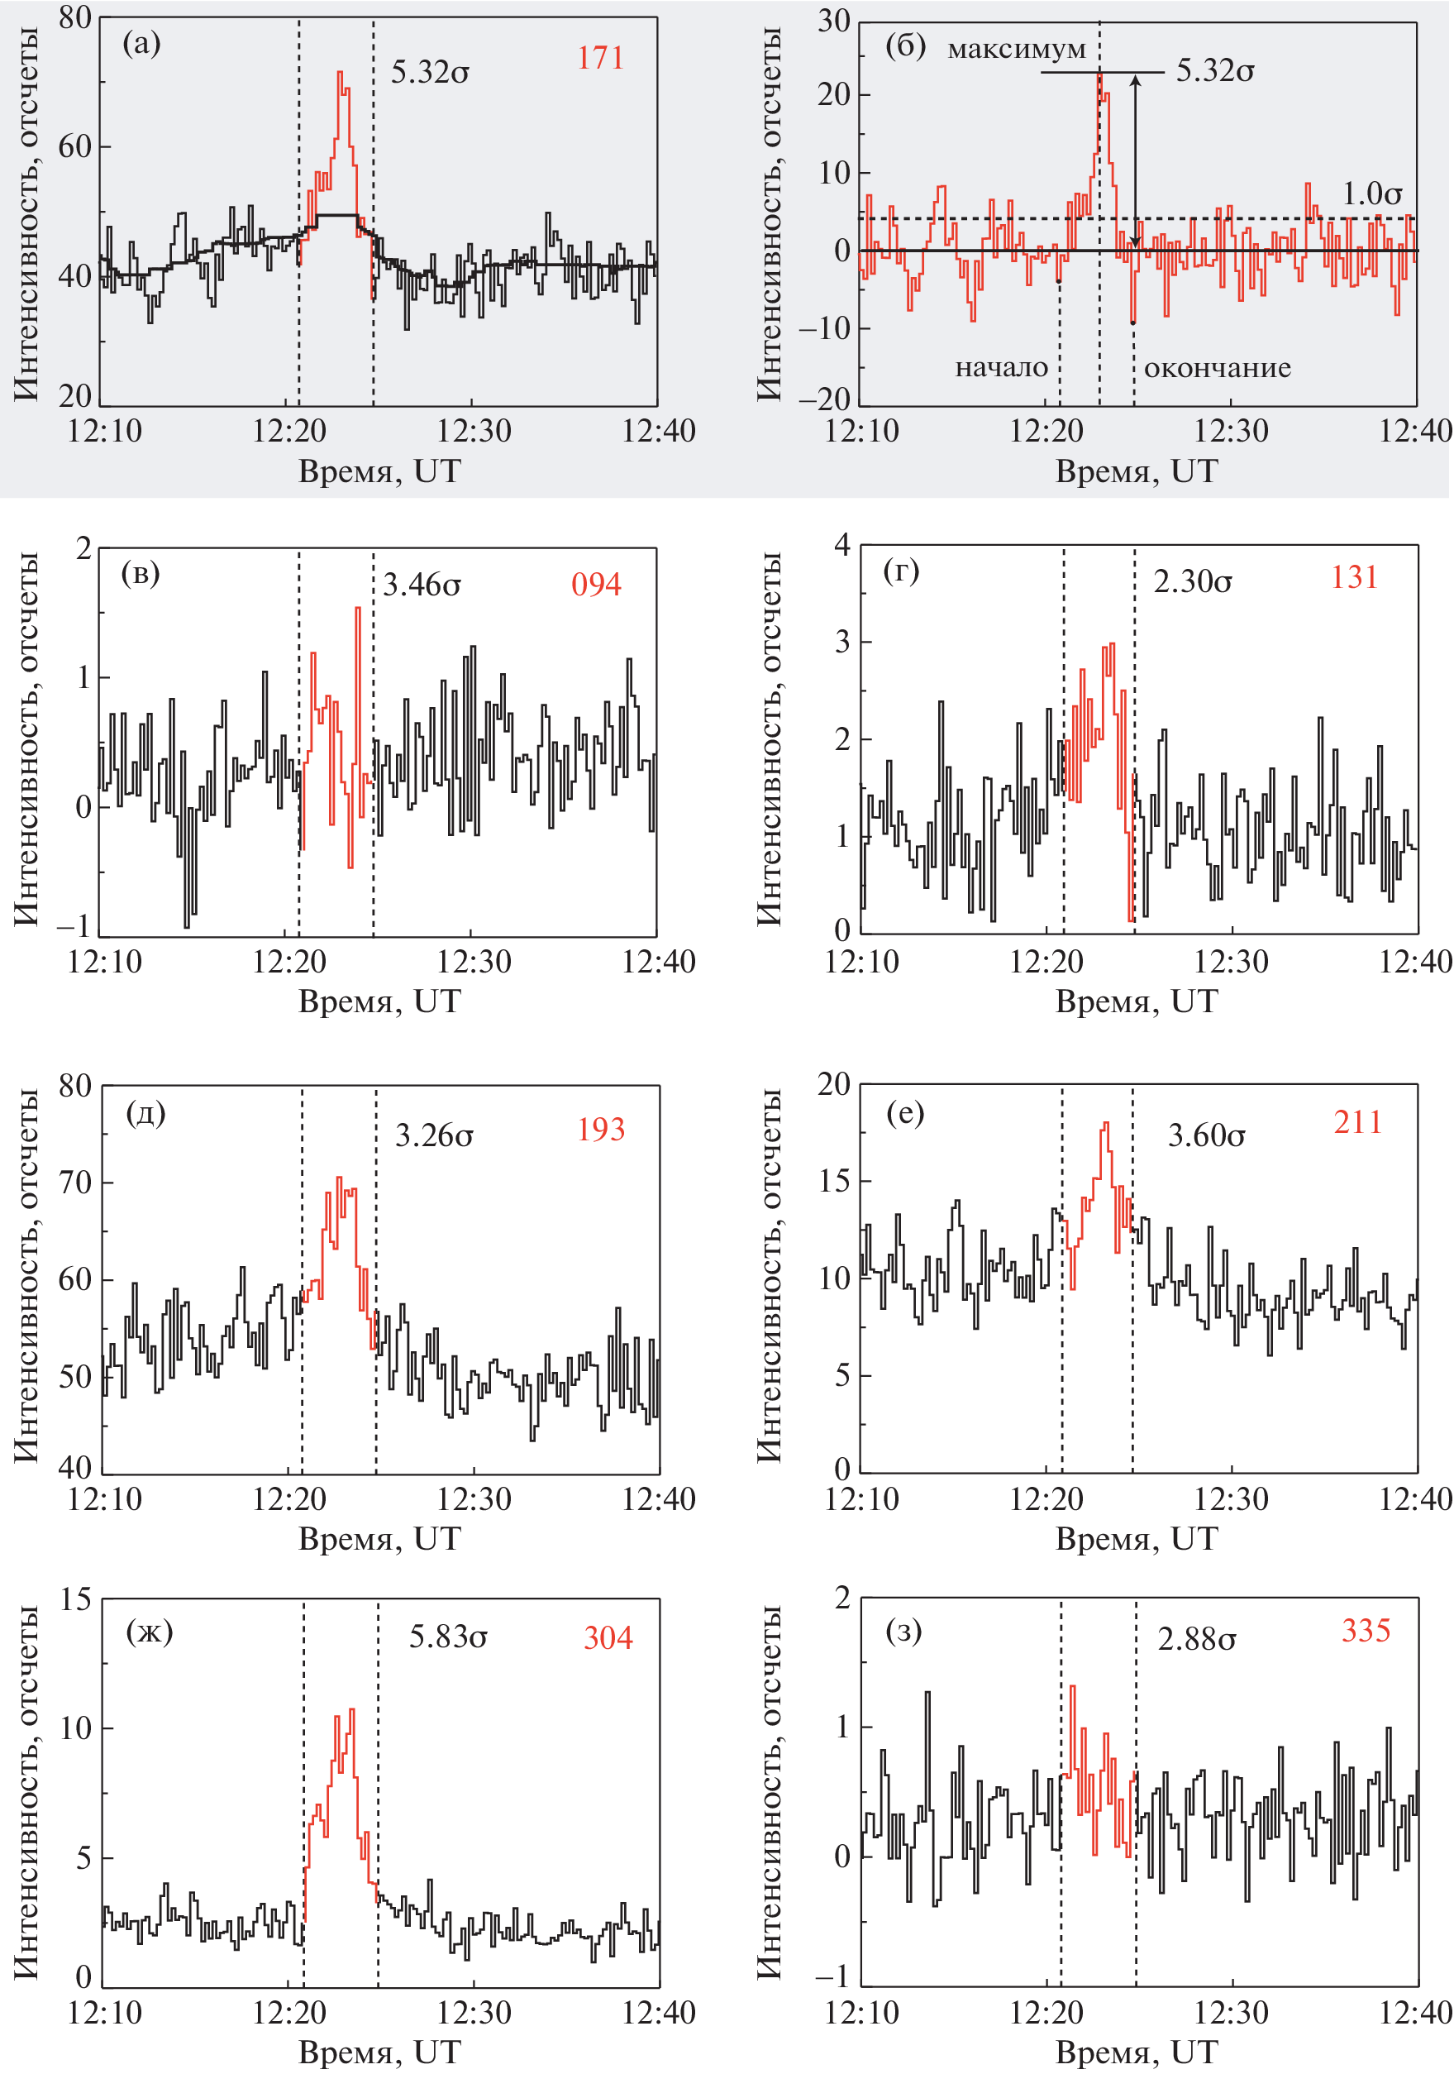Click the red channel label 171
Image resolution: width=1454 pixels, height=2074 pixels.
(601, 59)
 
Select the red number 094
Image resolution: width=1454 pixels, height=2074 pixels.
(596, 585)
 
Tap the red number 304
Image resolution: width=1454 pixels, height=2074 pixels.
(608, 1637)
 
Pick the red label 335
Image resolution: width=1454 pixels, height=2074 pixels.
(1366, 1631)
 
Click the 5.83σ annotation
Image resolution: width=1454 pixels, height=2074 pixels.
(448, 1637)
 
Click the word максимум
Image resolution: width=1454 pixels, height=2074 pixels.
(1016, 49)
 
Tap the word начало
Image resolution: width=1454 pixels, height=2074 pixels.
(1002, 368)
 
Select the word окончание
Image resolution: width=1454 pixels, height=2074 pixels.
(1218, 368)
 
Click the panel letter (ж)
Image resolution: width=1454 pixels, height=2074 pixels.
(149, 1632)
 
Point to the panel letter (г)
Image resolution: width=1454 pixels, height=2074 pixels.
(901, 571)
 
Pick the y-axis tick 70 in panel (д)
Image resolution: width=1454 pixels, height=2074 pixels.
(76, 1183)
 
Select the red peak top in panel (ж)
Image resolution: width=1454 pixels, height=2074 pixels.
(351, 1710)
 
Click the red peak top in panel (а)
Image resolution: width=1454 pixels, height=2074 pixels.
(341, 72)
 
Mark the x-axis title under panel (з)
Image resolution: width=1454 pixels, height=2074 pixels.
(1136, 2052)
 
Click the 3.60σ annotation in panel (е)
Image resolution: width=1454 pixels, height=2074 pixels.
(1206, 1135)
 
